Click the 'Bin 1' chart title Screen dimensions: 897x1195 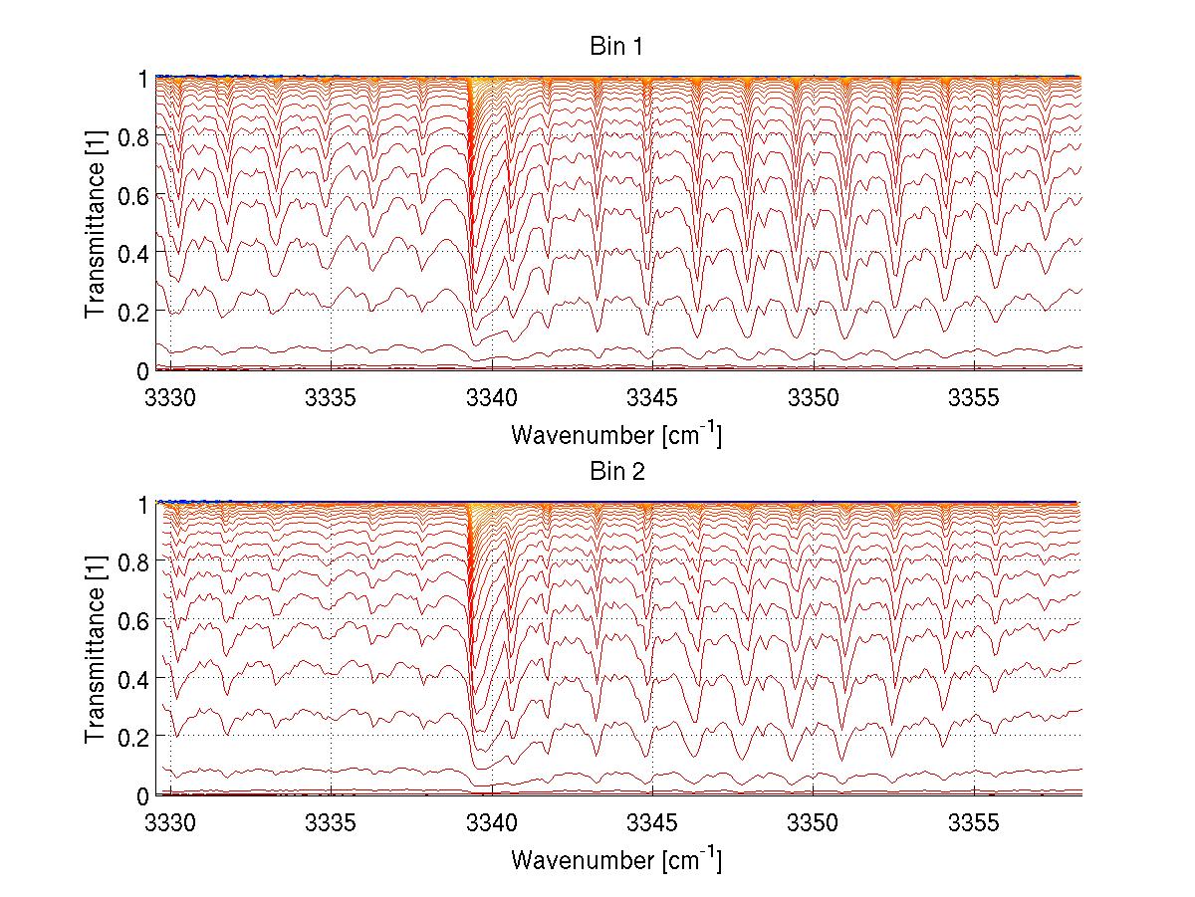click(617, 46)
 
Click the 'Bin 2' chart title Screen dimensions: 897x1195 click(617, 472)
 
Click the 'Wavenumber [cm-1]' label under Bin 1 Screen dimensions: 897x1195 click(615, 434)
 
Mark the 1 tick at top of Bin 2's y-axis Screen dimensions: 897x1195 click(142, 504)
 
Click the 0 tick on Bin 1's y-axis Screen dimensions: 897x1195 click(142, 370)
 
